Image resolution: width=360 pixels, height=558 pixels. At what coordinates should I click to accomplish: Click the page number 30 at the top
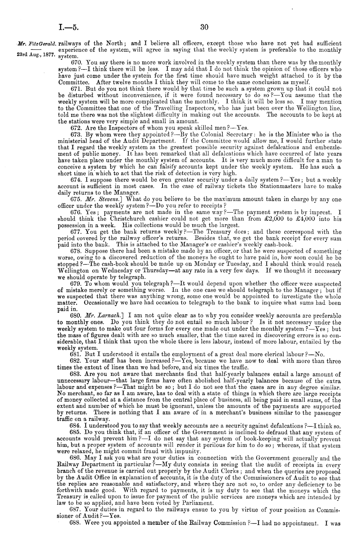(204, 28)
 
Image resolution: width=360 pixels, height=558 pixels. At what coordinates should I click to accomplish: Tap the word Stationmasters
(278, 186)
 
